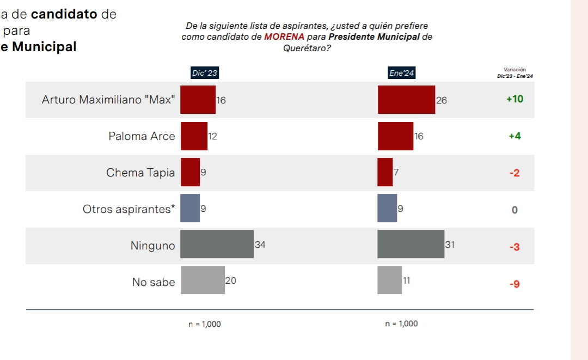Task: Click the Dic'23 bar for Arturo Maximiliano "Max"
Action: point(198,100)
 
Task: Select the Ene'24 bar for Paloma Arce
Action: point(395,136)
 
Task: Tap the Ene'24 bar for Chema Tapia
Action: point(385,172)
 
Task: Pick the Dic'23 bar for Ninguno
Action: point(217,244)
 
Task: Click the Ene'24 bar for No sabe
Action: point(389,280)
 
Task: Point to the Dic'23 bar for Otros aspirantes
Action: point(190,208)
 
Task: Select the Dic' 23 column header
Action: point(205,72)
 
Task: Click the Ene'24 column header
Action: point(401,72)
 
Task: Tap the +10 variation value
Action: point(514,99)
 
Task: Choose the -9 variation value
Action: point(514,284)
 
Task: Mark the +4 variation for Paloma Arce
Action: point(514,136)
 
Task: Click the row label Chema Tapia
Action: point(140,173)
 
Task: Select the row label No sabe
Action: point(154,282)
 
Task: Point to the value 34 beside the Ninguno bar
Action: point(260,245)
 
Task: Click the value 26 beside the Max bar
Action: point(441,100)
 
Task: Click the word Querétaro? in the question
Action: point(308,48)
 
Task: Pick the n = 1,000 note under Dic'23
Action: point(205,324)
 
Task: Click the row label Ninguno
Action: point(152,246)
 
